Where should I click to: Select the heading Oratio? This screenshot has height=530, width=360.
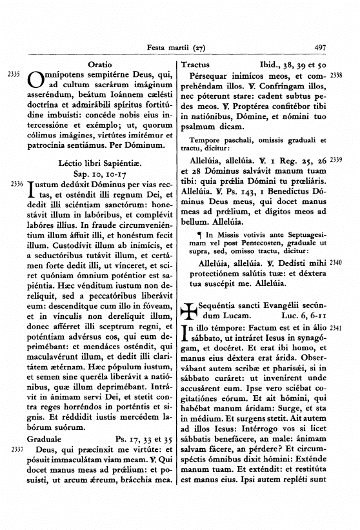99,65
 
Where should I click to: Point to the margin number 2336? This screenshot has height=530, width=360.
15,184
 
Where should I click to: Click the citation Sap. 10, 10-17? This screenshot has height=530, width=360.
99,174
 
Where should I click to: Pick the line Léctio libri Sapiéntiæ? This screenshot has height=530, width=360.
99,163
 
